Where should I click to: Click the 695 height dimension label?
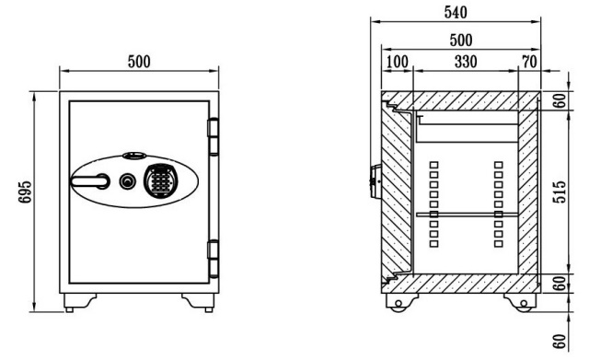point(25,192)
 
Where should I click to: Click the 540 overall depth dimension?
point(456,12)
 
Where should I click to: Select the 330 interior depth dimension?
point(466,62)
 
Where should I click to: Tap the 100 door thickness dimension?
point(397,62)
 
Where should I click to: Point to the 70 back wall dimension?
point(530,62)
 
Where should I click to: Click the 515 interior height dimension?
point(559,192)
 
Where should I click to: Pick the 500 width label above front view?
point(139,62)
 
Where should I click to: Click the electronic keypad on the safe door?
point(161,181)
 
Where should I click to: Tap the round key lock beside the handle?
point(127,181)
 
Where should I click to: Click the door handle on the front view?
point(90,181)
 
